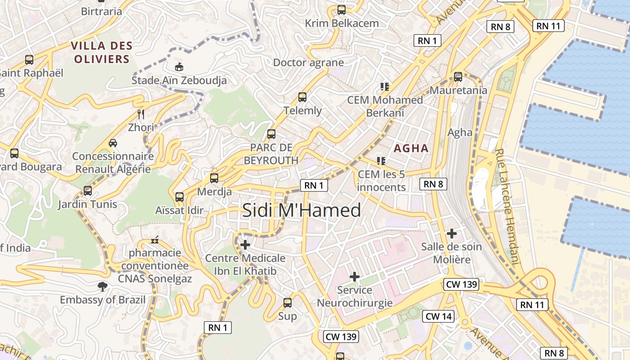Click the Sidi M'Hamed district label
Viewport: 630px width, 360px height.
(301, 210)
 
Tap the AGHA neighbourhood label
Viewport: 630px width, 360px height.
(411, 148)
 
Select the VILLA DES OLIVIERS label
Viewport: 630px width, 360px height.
(102, 52)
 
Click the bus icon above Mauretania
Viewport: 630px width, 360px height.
(458, 77)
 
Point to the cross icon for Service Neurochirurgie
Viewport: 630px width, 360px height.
(355, 276)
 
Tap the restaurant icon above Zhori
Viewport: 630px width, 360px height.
(141, 114)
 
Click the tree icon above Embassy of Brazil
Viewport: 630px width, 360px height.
(103, 287)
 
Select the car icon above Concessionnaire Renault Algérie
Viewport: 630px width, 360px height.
(113, 143)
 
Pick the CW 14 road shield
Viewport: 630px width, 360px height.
(438, 316)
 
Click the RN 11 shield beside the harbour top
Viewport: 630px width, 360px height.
(548, 26)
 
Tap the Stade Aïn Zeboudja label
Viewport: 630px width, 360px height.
(179, 81)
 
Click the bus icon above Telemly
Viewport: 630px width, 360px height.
(302, 97)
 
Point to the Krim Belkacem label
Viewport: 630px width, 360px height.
(342, 23)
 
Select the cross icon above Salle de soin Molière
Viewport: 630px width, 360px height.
(451, 233)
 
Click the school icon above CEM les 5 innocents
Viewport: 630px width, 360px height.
(382, 161)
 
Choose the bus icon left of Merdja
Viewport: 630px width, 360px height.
(214, 178)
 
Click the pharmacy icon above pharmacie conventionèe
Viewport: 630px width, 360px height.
(155, 240)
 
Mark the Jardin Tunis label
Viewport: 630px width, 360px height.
(87, 204)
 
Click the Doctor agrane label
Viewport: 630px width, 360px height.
(308, 63)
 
